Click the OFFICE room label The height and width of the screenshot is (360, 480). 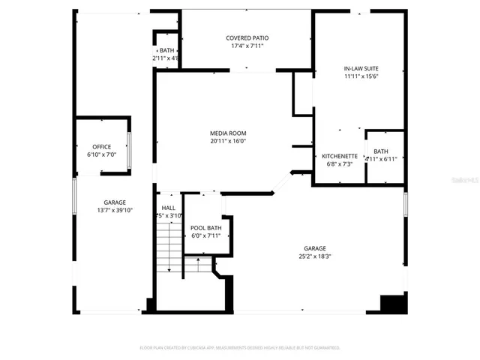(x=101, y=147)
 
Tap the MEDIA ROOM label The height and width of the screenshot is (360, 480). (x=228, y=133)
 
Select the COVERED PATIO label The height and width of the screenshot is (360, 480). (x=247, y=37)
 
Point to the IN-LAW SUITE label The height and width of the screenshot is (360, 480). (x=361, y=69)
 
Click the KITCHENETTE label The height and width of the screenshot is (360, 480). (x=340, y=156)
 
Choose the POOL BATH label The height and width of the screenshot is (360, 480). (x=205, y=228)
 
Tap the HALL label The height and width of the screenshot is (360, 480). (x=168, y=208)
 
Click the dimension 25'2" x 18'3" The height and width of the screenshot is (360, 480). (x=314, y=256)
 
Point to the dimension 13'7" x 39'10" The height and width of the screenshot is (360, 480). (x=115, y=210)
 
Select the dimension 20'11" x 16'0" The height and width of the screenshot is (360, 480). (x=228, y=141)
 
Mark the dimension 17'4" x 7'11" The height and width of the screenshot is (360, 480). (x=247, y=45)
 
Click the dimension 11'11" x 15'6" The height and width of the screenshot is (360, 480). (x=361, y=76)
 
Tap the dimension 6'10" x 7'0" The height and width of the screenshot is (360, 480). (x=101, y=154)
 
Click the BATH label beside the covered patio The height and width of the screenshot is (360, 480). (x=166, y=50)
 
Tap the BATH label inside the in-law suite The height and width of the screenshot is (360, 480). (x=381, y=151)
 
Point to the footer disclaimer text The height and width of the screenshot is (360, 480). (x=240, y=348)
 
